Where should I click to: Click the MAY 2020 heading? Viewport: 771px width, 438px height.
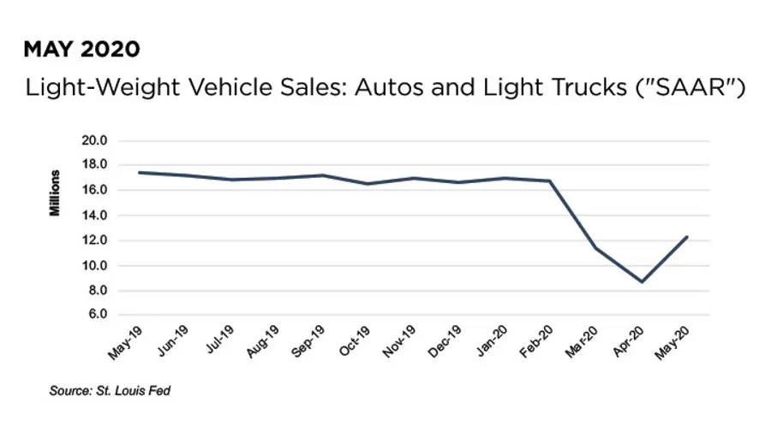point(82,50)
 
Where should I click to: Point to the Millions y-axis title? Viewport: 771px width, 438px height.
point(56,192)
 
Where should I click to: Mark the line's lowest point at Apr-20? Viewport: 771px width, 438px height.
point(642,281)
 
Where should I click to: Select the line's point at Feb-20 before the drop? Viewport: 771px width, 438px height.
point(550,181)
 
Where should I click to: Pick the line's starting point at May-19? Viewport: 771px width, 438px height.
point(139,173)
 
